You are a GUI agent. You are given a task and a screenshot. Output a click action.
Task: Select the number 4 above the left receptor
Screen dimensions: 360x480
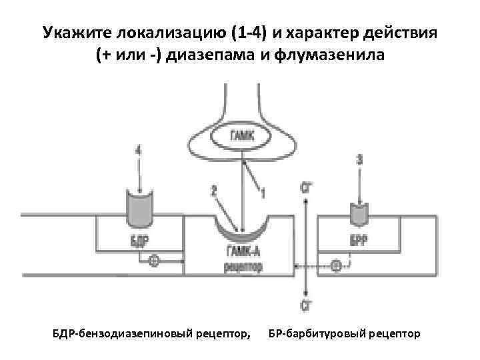coord(139,152)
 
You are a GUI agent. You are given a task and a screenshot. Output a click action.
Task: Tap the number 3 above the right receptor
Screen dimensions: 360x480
coord(361,160)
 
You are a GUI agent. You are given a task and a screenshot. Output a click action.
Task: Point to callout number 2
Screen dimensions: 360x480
coord(214,191)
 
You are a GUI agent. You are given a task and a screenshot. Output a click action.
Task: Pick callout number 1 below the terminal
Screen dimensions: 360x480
coord(263,194)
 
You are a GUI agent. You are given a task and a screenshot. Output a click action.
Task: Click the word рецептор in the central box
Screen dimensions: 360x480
coord(241,267)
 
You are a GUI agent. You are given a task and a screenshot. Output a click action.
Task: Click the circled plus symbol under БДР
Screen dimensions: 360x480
coord(154,261)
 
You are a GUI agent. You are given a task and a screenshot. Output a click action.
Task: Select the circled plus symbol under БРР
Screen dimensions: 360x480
coord(337,267)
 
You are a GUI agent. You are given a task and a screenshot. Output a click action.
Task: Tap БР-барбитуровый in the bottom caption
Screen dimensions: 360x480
coord(312,332)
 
